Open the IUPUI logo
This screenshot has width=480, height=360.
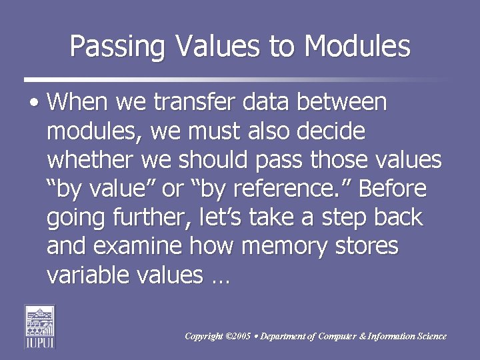[40, 327]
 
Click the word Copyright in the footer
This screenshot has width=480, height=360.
[203, 337]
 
